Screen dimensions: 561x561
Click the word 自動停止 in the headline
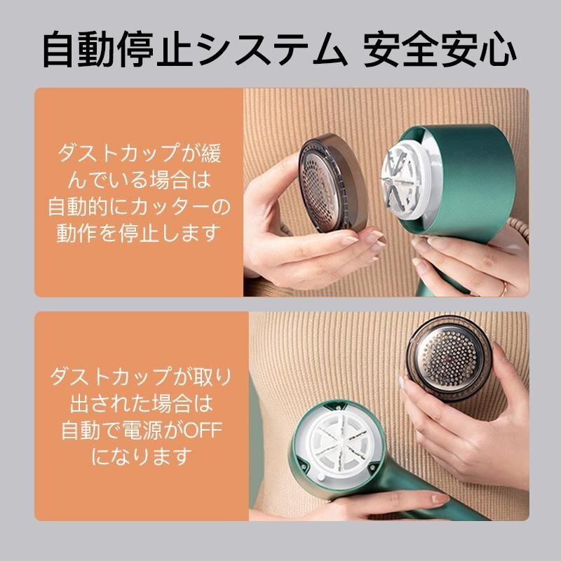(117, 49)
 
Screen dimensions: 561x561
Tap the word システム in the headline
(271, 49)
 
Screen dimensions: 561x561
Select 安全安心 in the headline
(440, 49)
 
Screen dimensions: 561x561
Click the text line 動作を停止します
(138, 233)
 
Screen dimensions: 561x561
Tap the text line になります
(142, 457)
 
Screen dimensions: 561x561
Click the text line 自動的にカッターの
(139, 206)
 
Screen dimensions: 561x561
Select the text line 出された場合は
(142, 403)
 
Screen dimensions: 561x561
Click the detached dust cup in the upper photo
(332, 183)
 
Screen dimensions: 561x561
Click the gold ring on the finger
(504, 288)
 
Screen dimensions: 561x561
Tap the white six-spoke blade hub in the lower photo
(338, 444)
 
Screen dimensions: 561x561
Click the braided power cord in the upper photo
(520, 229)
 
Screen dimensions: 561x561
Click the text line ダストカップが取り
(141, 377)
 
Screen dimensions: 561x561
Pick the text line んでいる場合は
(139, 180)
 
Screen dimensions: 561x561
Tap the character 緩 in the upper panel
(212, 153)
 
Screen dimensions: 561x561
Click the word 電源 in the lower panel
(142, 430)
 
